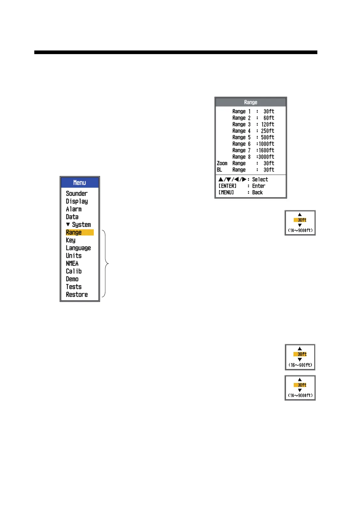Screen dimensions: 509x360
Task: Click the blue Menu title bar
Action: (80, 183)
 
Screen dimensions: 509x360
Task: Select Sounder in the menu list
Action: (77, 193)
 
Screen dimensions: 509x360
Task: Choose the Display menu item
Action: (77, 201)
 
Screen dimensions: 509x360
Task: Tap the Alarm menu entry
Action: (74, 209)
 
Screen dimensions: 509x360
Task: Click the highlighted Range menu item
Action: (80, 232)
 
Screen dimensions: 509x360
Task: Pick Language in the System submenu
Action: (78, 248)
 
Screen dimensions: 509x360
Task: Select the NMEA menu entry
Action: (72, 264)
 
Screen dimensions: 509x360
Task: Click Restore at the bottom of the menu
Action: (77, 295)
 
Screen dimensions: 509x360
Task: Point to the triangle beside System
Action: (68, 224)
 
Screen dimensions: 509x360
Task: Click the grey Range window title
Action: (250, 102)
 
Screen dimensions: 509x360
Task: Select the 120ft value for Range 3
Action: (267, 124)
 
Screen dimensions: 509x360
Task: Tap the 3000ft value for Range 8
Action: (266, 157)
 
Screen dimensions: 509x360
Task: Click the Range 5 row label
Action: (241, 137)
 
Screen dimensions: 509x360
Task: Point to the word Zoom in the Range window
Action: (222, 163)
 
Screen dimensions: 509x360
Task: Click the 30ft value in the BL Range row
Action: (269, 170)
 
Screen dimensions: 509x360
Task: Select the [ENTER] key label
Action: (227, 186)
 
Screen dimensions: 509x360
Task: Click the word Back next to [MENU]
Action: (257, 193)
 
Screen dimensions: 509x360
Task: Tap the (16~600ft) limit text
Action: (300, 365)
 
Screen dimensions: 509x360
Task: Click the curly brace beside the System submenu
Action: (106, 264)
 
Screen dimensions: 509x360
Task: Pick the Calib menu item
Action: (74, 271)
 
